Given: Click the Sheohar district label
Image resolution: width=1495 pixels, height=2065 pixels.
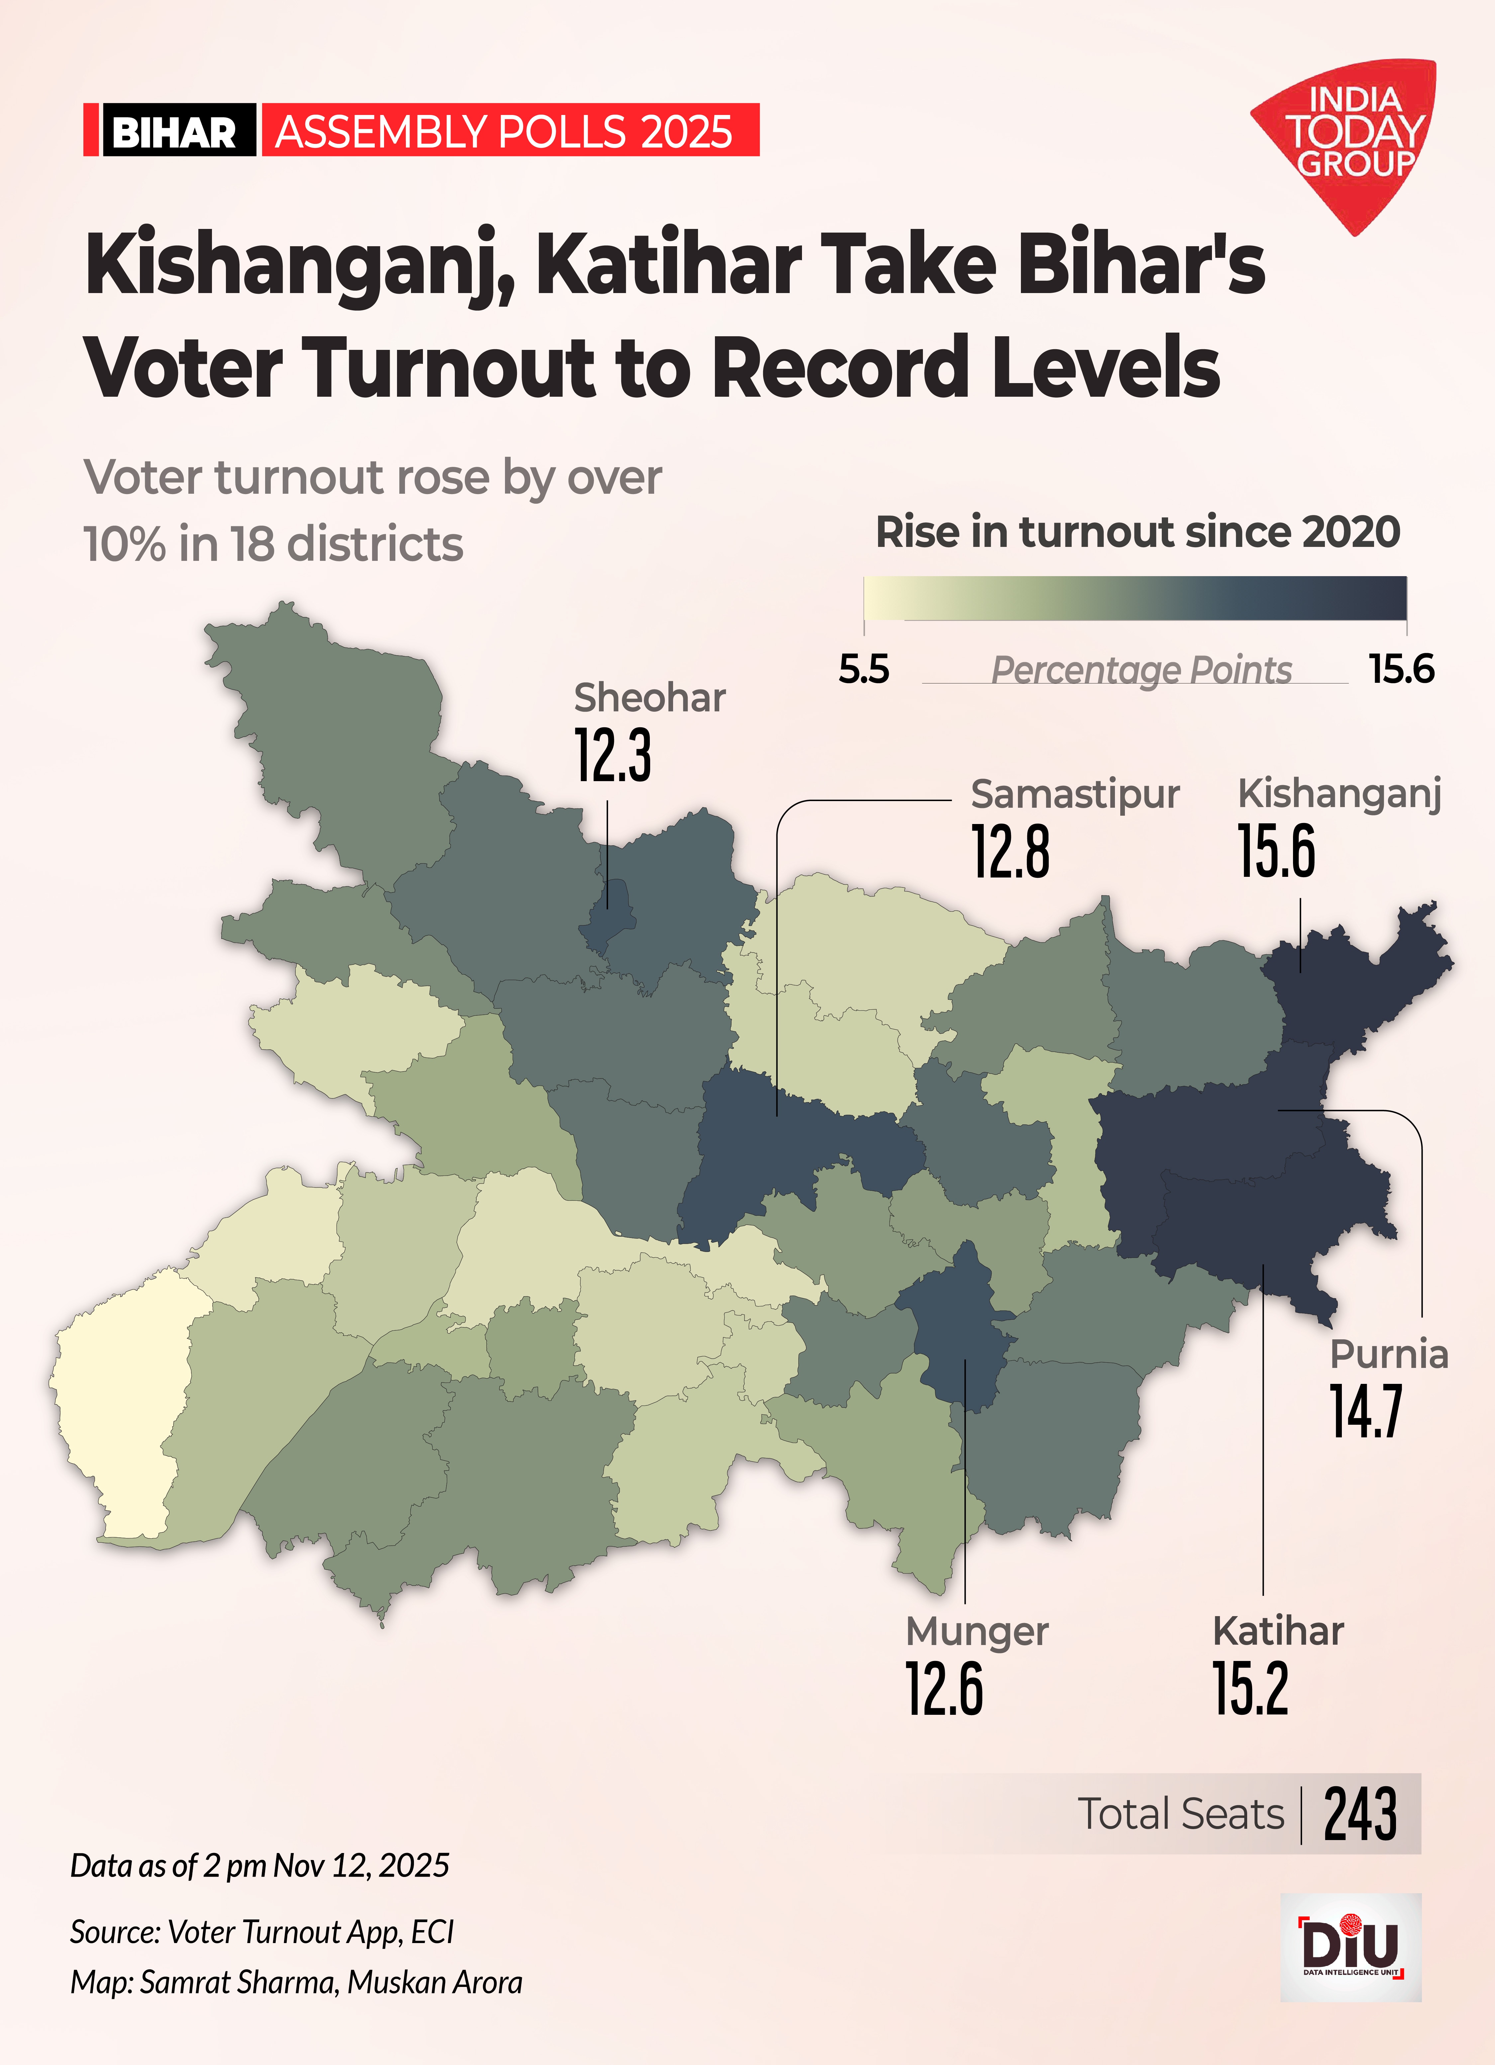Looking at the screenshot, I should pyautogui.click(x=649, y=698).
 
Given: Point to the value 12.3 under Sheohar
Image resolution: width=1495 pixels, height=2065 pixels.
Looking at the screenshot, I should pyautogui.click(x=613, y=756).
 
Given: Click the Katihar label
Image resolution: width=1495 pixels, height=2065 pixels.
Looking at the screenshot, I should pyautogui.click(x=1277, y=1631).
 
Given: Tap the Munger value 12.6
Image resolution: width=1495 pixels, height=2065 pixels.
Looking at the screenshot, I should pyautogui.click(x=944, y=1689).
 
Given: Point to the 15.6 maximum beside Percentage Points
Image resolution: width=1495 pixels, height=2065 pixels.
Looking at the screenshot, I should pyautogui.click(x=1401, y=669).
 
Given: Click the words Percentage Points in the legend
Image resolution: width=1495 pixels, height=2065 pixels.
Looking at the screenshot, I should pyautogui.click(x=1141, y=670).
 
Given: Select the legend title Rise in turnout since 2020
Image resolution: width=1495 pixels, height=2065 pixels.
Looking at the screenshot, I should pyautogui.click(x=1137, y=532).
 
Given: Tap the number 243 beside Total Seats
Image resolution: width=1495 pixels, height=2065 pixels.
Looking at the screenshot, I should pyautogui.click(x=1360, y=1814).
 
